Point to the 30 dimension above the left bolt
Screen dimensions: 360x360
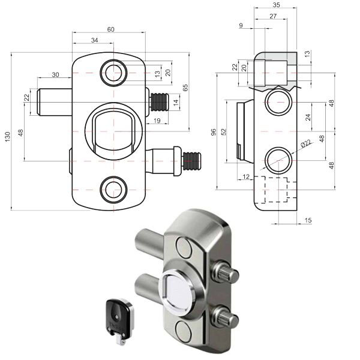(55, 74)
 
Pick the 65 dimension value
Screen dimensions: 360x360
(186, 87)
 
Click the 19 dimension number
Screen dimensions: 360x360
(156, 121)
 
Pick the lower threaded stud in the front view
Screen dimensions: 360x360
(191, 161)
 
